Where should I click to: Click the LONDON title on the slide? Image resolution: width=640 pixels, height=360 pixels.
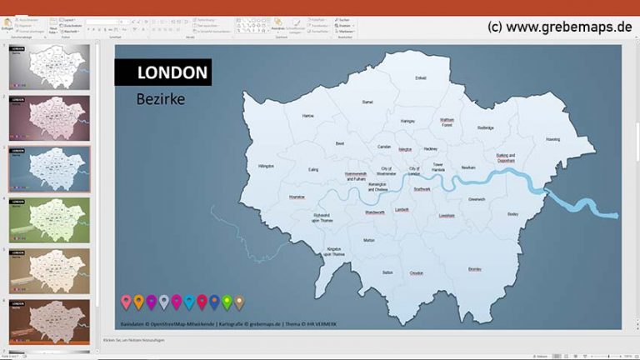tap(172, 72)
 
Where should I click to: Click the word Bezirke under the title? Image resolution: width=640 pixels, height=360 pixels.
tap(160, 99)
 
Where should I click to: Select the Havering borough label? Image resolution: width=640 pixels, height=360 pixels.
tap(552, 139)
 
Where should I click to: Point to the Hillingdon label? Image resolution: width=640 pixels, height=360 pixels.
tap(266, 166)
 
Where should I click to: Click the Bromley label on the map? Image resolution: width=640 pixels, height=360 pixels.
tap(474, 269)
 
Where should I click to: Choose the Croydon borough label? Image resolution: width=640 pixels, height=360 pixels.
tap(416, 272)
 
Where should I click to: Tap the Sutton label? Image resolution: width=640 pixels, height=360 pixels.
tap(387, 272)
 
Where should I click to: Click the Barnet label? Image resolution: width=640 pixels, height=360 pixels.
tap(367, 102)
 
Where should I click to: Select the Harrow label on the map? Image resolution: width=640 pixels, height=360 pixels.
tap(308, 116)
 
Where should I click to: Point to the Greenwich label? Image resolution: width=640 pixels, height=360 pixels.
tap(477, 199)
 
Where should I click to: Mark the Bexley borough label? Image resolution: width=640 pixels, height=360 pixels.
tap(512, 213)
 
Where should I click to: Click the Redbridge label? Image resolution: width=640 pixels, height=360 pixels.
tap(486, 127)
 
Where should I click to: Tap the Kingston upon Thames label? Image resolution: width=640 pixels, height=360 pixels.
tap(333, 251)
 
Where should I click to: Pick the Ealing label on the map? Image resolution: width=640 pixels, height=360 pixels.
tap(313, 169)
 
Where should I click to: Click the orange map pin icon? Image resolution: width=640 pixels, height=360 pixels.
tap(138, 301)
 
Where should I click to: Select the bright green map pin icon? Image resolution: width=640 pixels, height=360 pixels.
tap(227, 301)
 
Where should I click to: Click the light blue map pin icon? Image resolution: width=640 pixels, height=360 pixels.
tap(189, 301)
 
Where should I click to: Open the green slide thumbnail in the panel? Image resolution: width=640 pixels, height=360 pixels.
tap(49, 220)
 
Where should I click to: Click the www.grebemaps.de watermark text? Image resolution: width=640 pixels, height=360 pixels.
tap(559, 27)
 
